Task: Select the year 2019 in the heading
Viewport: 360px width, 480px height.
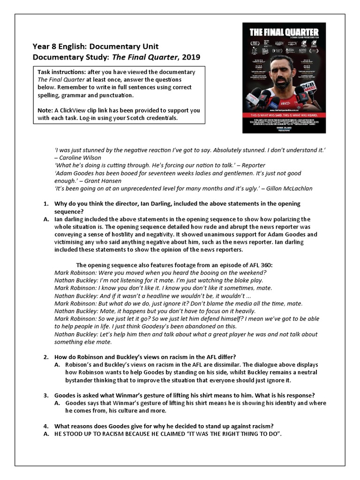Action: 190,57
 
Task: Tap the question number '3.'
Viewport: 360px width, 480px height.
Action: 46,395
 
